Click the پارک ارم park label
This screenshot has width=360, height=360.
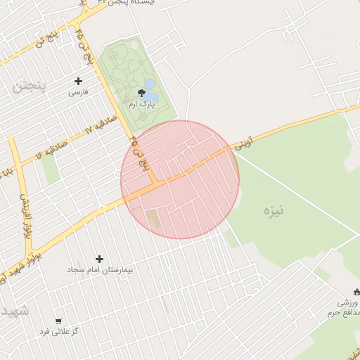pyautogui.click(x=141, y=104)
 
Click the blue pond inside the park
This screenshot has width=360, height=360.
pyautogui.click(x=150, y=84)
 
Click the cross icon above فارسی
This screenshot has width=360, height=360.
pyautogui.click(x=78, y=81)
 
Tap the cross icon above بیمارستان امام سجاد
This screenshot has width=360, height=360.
pyautogui.click(x=99, y=259)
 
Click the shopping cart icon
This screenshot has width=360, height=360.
pyautogui.click(x=58, y=320)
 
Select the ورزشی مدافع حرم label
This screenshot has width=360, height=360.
pyautogui.click(x=343, y=307)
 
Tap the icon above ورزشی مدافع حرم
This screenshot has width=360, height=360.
pyautogui.click(x=356, y=292)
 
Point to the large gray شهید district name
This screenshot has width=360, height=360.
pyautogui.click(x=14, y=310)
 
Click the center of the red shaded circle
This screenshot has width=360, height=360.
pyautogui.click(x=180, y=179)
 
